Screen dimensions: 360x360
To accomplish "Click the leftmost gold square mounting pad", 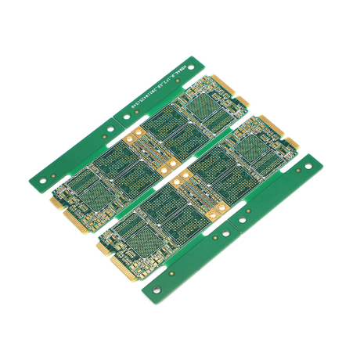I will (x=133, y=138).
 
